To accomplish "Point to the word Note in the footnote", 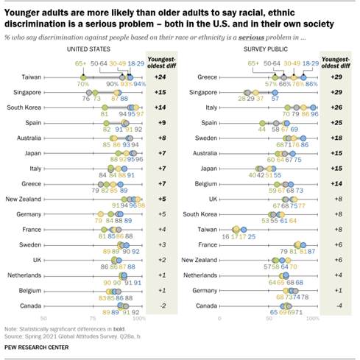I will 12,329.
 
